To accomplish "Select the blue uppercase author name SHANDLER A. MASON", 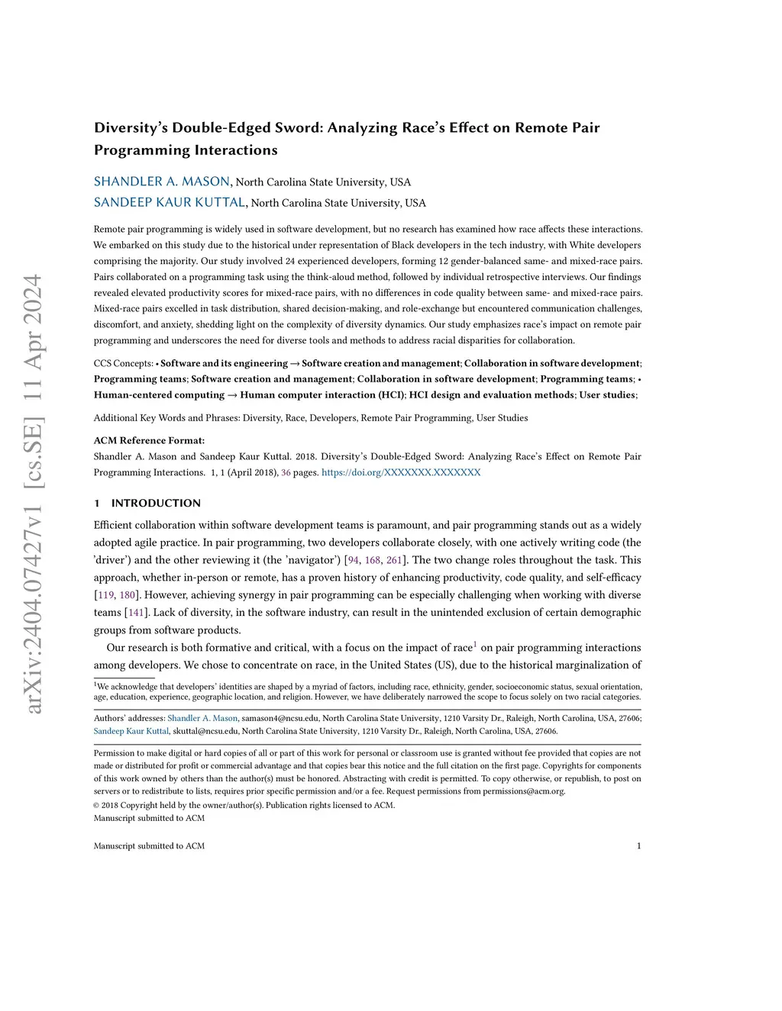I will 162,182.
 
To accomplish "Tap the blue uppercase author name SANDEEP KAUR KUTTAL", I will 170,202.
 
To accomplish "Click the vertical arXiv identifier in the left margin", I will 33,494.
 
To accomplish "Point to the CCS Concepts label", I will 123,363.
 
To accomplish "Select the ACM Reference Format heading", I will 149,440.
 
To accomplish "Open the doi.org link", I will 401,472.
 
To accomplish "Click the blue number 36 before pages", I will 286,472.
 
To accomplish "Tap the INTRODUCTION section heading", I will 156,503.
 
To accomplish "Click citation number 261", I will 394,560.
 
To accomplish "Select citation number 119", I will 105,594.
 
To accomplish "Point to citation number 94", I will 354,560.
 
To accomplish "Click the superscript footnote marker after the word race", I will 475,644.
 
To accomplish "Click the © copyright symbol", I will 97,805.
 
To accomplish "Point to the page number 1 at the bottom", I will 638,845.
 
